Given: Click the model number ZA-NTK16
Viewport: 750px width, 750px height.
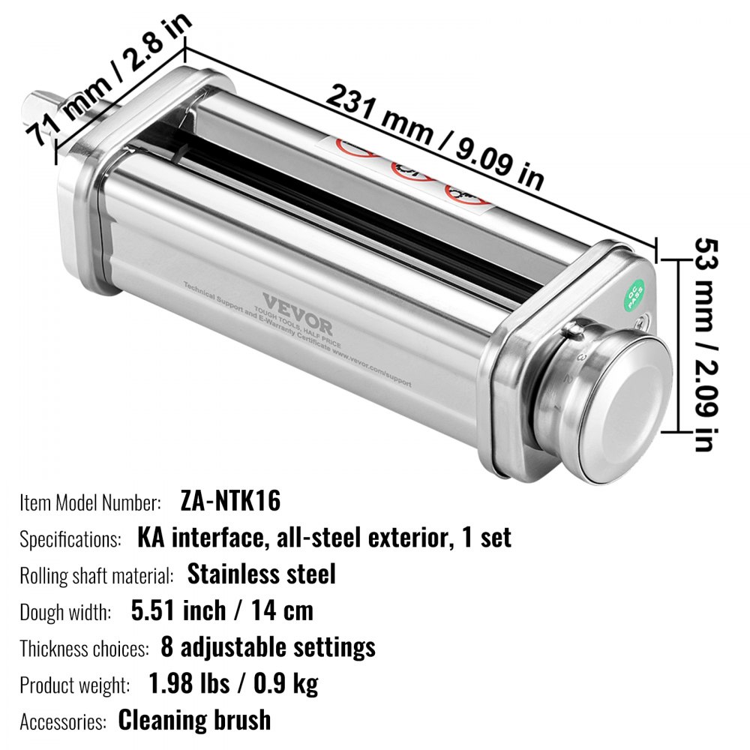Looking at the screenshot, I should coord(230,501).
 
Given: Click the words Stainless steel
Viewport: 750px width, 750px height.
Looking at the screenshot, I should coord(261,574).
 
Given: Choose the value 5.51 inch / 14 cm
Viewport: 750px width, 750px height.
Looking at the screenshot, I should coord(222,610).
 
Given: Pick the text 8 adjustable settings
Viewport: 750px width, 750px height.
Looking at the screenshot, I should coord(268,646).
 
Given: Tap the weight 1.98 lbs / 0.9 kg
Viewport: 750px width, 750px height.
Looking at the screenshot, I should coord(233,683).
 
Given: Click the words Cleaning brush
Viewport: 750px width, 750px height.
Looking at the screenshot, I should coord(194,720).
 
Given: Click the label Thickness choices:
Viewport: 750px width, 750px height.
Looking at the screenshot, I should coord(84,648).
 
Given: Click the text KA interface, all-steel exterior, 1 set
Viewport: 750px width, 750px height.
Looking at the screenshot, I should coord(324,538).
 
